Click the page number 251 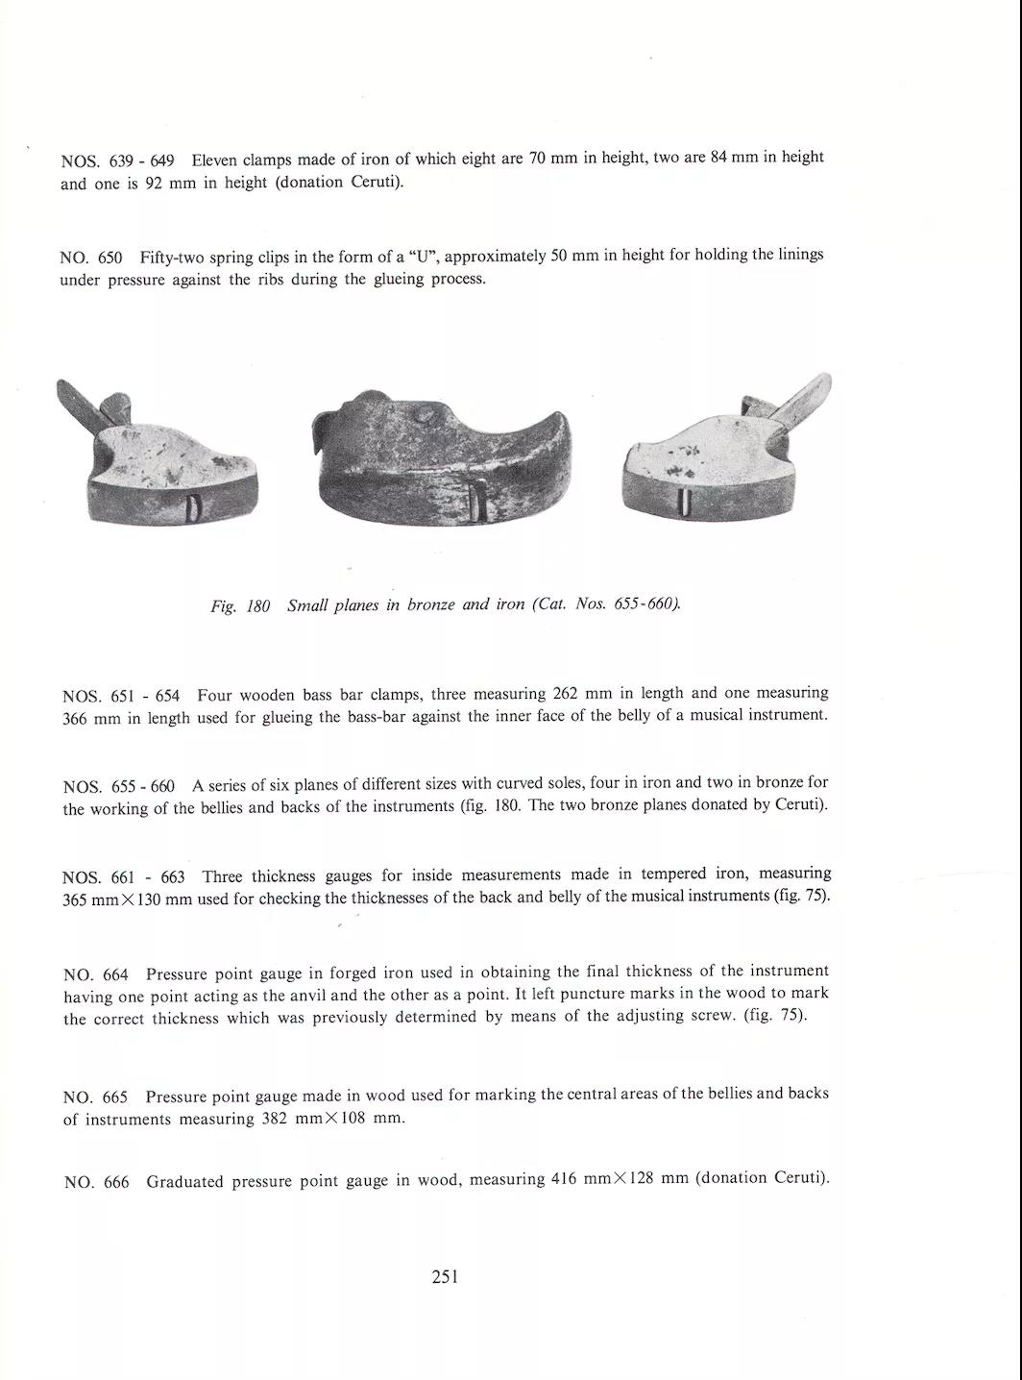pyautogui.click(x=445, y=1277)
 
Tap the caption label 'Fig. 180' pyautogui.click(x=240, y=606)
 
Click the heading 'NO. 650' pyautogui.click(x=91, y=258)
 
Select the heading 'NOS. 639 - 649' pyautogui.click(x=117, y=160)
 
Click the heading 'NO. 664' pyautogui.click(x=95, y=974)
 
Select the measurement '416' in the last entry pyautogui.click(x=564, y=1179)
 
